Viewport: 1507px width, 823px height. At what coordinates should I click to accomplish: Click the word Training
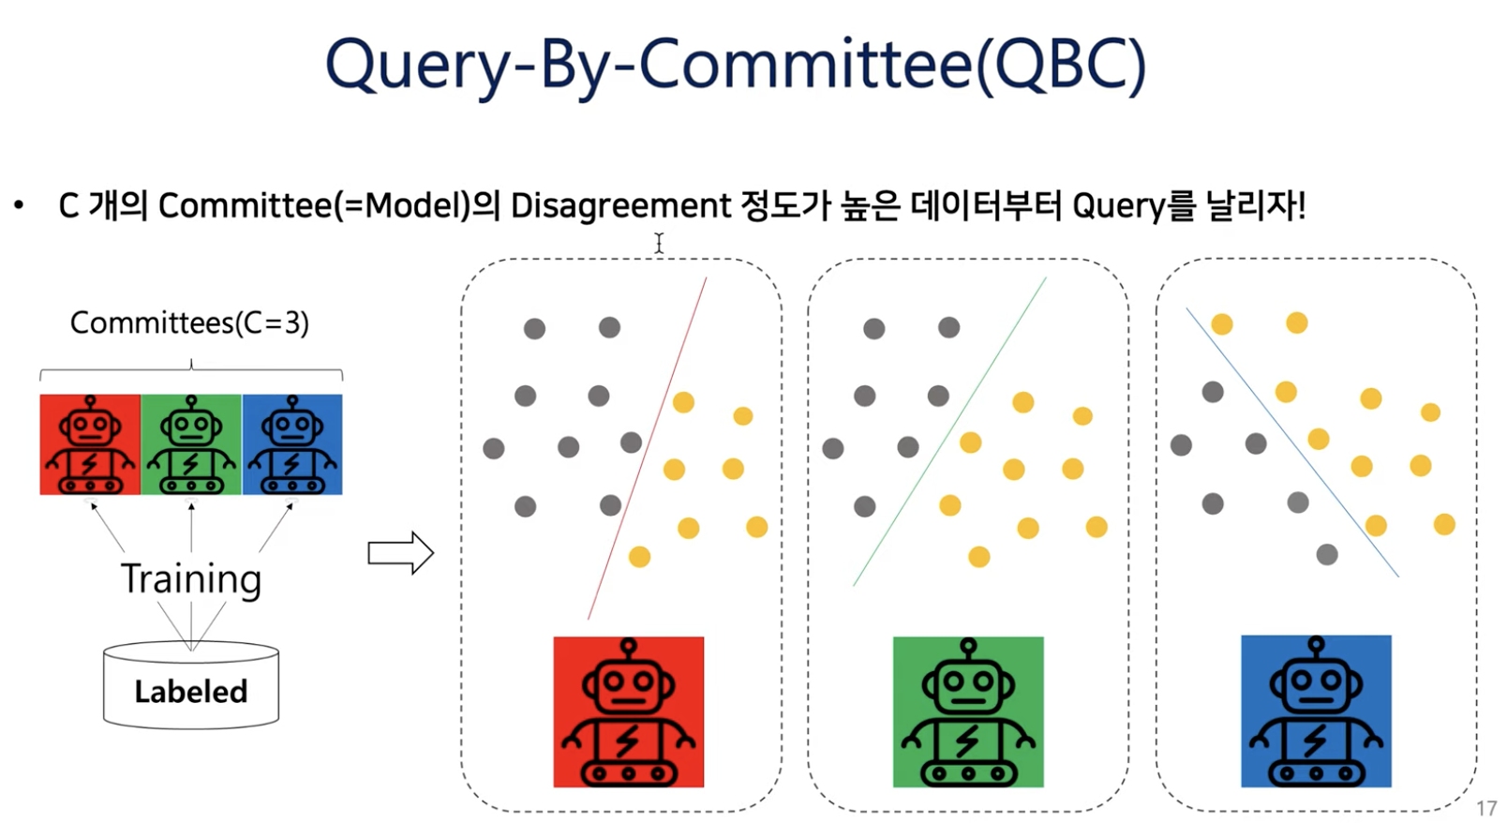(191, 579)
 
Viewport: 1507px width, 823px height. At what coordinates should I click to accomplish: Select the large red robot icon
(628, 711)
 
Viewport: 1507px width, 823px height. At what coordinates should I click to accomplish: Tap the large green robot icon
(968, 711)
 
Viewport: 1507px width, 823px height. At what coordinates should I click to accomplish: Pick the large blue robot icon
(1316, 711)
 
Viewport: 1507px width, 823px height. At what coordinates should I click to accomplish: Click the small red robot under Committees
(90, 444)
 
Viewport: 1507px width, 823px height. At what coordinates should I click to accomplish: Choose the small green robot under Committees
(191, 444)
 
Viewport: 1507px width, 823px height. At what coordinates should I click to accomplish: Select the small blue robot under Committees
(292, 444)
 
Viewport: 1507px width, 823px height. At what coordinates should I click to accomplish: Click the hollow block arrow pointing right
(400, 553)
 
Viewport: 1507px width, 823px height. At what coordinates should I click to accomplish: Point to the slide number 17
(1486, 808)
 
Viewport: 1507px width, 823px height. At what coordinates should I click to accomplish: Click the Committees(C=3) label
(189, 322)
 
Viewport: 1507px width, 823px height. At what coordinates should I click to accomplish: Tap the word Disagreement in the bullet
(620, 205)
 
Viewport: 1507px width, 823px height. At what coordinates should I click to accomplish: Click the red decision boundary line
(647, 450)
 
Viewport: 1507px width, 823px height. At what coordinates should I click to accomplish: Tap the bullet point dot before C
(19, 205)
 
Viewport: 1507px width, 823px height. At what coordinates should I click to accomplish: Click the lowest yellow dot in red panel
(639, 558)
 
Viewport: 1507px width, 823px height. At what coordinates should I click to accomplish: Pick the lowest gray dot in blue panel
(1326, 555)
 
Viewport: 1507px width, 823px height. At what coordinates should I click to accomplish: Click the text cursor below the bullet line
(659, 243)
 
